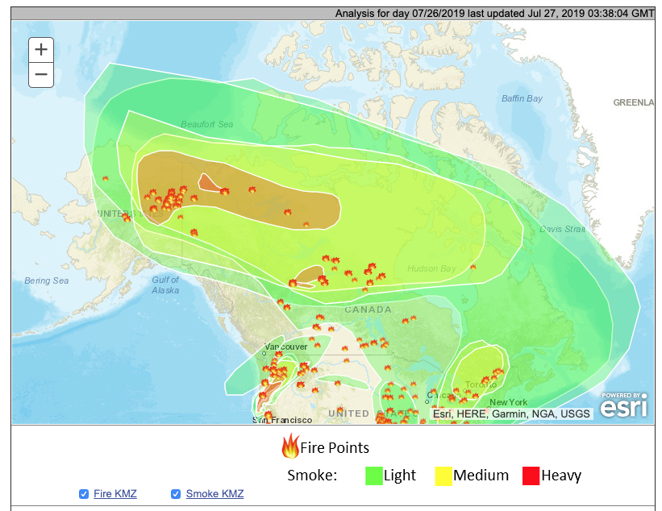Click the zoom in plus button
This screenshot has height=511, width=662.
tap(41, 49)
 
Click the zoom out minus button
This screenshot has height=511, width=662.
tap(41, 75)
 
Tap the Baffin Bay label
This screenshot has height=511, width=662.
tap(522, 98)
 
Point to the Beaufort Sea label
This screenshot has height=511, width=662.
tap(206, 124)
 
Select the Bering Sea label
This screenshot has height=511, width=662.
tap(46, 280)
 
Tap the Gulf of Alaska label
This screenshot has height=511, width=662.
tap(165, 285)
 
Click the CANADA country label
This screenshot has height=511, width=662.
tap(368, 310)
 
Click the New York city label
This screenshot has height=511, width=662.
tap(508, 402)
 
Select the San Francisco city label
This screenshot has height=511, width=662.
tap(282, 420)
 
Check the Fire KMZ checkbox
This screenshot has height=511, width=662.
tap(84, 493)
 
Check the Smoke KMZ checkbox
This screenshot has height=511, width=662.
tap(176, 493)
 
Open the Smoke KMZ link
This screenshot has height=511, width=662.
tap(214, 493)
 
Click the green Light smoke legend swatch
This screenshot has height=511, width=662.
tap(373, 475)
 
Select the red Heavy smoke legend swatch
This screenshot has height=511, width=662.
tap(531, 475)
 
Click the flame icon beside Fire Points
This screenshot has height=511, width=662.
tap(289, 446)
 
